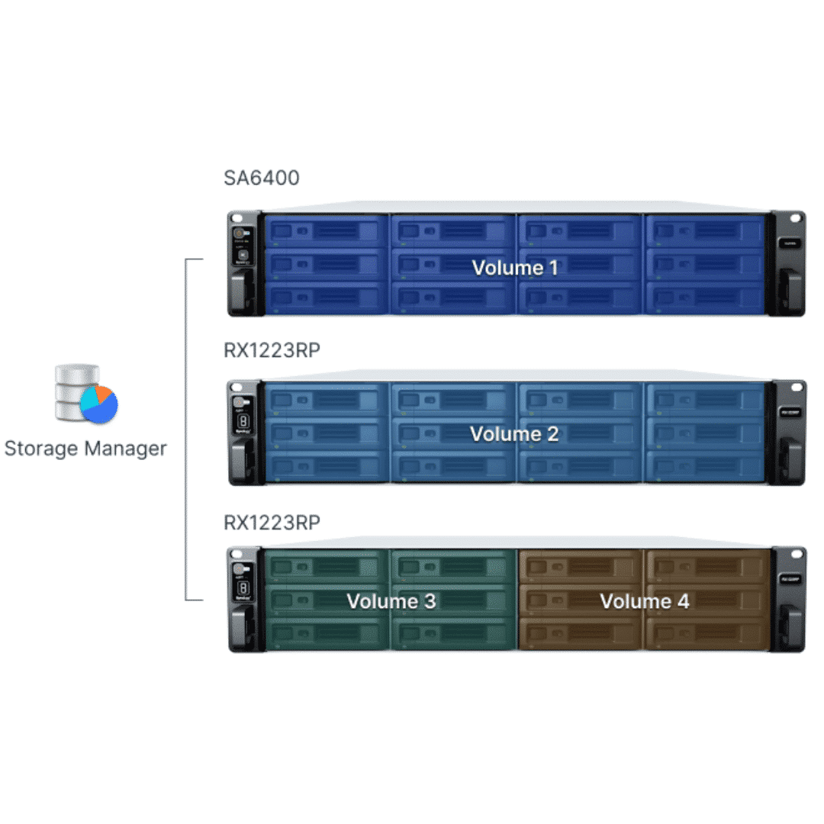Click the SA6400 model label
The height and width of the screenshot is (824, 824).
pos(261,178)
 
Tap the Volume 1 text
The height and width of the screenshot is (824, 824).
pos(514,268)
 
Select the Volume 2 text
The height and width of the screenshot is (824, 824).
pos(514,434)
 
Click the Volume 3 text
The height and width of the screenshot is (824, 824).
pos(391,601)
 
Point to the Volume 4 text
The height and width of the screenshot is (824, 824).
pos(644,601)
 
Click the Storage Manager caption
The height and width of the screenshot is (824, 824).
pos(85,448)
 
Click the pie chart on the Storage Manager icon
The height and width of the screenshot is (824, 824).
pos(99,404)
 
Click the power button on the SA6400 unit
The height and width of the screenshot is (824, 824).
pos(240,231)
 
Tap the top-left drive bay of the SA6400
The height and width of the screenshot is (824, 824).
pos(326,231)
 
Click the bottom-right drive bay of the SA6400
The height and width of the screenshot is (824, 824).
pos(705,298)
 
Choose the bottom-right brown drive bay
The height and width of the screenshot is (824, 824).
pos(705,633)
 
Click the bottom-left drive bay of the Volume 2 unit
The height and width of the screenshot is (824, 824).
pos(326,466)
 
